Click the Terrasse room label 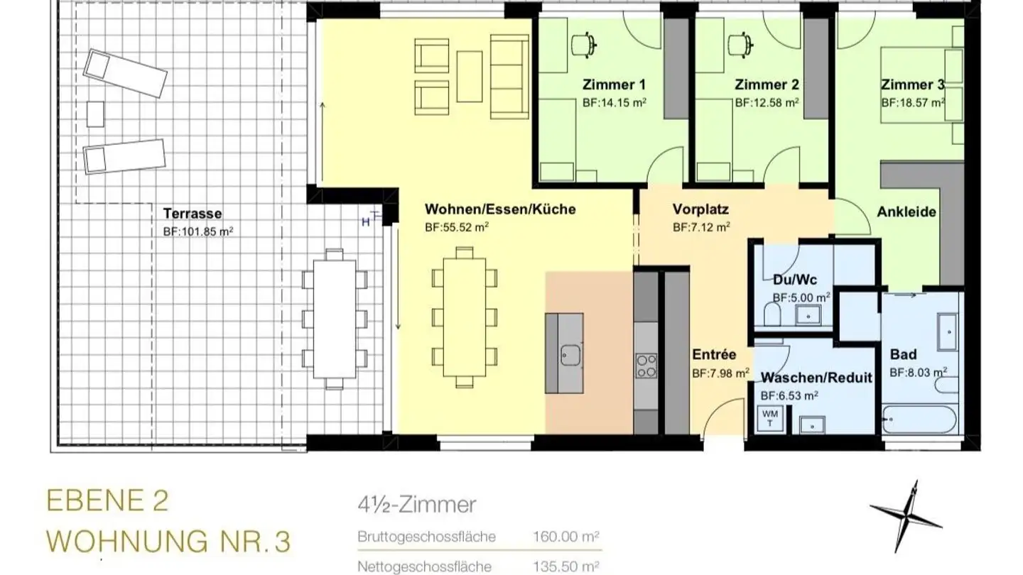(x=193, y=213)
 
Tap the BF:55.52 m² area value (x=456, y=227)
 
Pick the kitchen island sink (x=570, y=354)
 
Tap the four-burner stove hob (x=646, y=365)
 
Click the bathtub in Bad (x=920, y=419)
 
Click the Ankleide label (x=906, y=212)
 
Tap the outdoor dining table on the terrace (x=333, y=318)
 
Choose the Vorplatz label (x=700, y=210)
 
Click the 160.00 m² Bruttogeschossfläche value (x=566, y=537)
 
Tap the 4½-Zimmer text (x=417, y=505)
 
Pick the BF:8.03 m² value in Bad (x=918, y=371)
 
